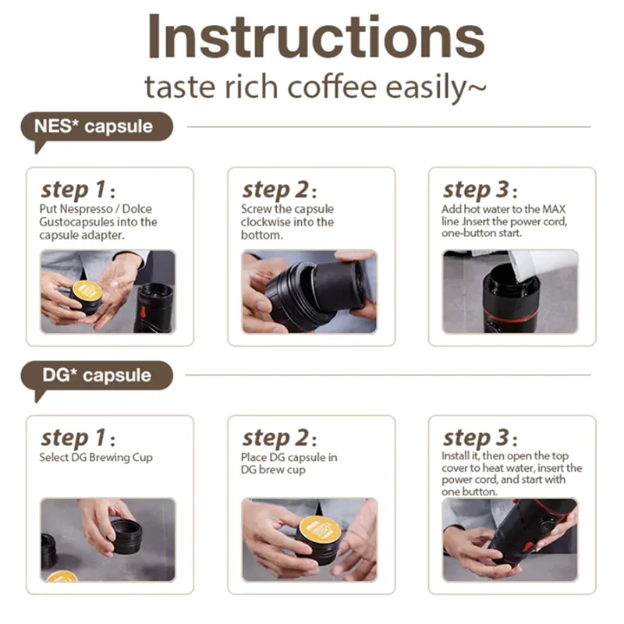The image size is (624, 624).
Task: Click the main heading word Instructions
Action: click(x=316, y=37)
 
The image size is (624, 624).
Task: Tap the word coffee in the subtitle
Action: click(x=332, y=87)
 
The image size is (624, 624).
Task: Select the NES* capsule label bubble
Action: click(x=97, y=127)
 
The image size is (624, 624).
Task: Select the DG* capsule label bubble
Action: click(x=97, y=376)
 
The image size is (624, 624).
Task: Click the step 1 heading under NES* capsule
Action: click(x=78, y=190)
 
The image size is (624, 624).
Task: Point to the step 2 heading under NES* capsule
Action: click(x=279, y=190)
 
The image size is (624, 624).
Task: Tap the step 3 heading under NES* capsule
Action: click(x=480, y=190)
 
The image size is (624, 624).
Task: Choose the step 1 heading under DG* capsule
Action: click(x=78, y=438)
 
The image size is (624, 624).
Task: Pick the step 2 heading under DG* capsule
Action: click(x=279, y=438)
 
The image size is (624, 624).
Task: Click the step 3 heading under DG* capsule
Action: click(x=480, y=438)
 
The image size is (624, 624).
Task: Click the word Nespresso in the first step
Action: click(x=87, y=209)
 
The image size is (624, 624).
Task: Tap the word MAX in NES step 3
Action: click(x=554, y=209)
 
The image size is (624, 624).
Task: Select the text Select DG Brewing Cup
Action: click(x=96, y=458)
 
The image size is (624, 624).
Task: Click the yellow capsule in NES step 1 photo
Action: click(x=87, y=293)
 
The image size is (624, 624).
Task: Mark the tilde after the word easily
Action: click(x=476, y=87)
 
